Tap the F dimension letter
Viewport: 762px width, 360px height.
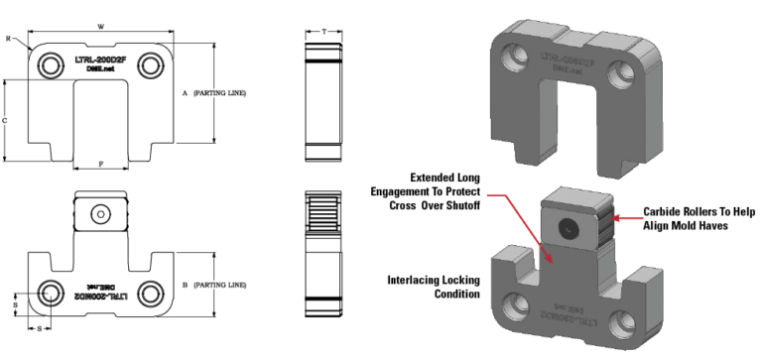tap(102, 161)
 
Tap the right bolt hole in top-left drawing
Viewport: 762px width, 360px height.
tap(151, 66)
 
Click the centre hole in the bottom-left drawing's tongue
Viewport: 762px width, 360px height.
tap(101, 213)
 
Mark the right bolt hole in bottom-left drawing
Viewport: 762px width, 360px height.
tap(152, 293)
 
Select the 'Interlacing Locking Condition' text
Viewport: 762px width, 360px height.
tap(430, 287)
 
